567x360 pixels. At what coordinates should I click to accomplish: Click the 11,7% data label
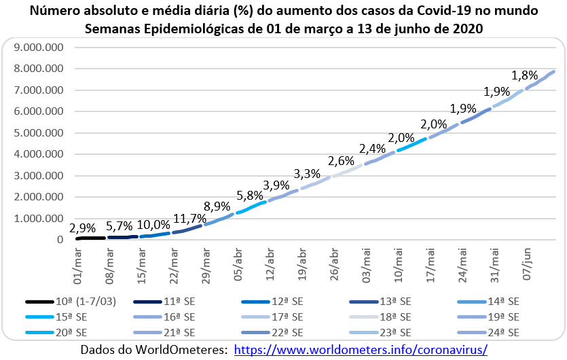(x=187, y=218)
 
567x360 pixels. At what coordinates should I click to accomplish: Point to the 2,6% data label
(x=340, y=162)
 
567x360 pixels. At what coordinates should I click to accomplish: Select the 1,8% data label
(x=524, y=75)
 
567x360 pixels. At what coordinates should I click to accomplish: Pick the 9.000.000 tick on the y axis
(x=39, y=48)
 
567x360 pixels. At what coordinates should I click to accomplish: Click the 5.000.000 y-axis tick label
(x=39, y=133)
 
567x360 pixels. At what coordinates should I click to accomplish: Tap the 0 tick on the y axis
(x=60, y=240)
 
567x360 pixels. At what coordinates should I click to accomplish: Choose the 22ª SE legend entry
(x=285, y=332)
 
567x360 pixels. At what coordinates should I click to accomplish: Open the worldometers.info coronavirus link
(x=361, y=349)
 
